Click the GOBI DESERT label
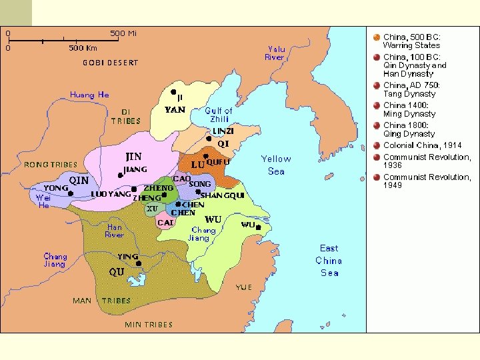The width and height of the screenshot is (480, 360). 110,63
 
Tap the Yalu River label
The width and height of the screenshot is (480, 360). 275,53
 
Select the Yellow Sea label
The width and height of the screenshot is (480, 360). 276,165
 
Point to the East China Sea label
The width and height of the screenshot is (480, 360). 329,260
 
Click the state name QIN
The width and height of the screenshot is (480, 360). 79,180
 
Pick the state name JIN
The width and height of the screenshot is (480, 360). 133,157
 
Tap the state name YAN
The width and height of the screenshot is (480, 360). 175,109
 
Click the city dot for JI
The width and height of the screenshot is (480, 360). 173,91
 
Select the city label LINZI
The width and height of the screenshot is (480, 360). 223,131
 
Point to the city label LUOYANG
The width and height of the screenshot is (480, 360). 111,195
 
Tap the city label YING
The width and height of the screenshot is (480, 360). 127,257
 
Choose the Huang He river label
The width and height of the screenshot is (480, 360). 89,95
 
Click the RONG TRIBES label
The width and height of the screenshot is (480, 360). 51,165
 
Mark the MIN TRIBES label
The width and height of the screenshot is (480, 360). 149,325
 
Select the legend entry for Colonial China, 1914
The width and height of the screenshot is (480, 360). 422,145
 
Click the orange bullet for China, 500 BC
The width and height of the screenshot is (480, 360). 377,37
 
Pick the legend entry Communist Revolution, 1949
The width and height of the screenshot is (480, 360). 426,181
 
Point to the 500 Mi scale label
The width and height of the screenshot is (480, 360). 123,33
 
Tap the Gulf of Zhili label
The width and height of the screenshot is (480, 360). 219,115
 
